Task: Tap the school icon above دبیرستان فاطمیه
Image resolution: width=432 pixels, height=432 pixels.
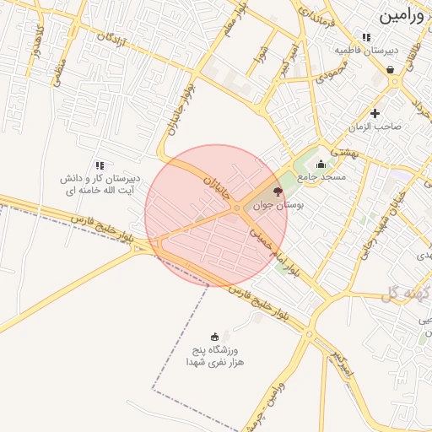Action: pos(365,37)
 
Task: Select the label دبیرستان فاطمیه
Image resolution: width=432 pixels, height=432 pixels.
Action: pos(365,51)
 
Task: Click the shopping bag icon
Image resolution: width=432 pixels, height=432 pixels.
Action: pos(391,70)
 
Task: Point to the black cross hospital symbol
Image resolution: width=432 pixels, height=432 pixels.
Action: pos(375,112)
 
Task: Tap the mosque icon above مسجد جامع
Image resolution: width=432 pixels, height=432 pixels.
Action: pos(321,165)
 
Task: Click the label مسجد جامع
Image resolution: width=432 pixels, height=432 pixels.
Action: pos(321,177)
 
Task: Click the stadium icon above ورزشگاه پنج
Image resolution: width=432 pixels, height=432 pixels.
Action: pos(213,337)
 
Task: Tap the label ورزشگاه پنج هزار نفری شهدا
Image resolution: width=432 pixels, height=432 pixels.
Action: pos(213,355)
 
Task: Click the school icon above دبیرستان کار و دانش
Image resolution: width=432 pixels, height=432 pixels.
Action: pos(100,165)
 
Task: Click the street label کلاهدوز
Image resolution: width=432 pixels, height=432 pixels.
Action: pos(36,37)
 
